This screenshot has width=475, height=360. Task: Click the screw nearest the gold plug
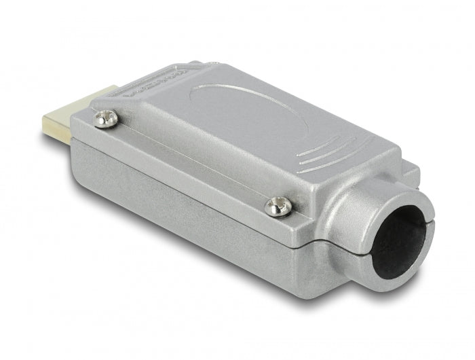pos(106,120)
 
